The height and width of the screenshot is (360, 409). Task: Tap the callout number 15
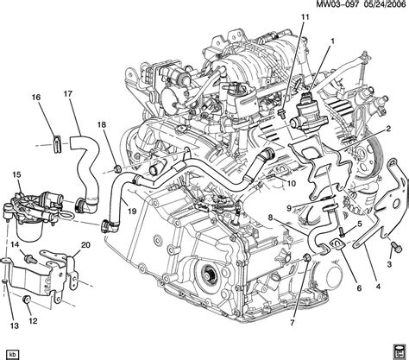click(16, 175)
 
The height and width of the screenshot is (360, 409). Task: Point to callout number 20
click(85, 246)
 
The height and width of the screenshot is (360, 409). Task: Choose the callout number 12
click(33, 321)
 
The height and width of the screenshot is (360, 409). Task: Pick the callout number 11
click(305, 16)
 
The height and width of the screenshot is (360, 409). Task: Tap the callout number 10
click(292, 184)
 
